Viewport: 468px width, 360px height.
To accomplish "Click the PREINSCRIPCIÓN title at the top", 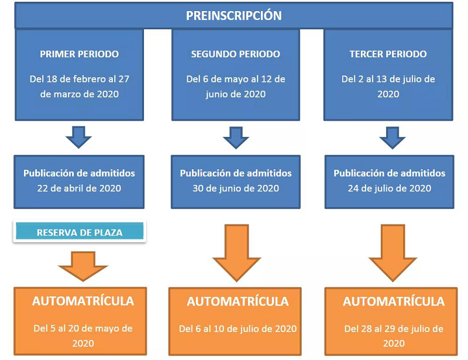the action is pyautogui.click(x=233, y=16).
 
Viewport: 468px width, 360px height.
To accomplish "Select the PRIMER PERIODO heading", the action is pyautogui.click(x=80, y=54).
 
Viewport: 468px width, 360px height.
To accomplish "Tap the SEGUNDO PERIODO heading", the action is pyautogui.click(x=236, y=54).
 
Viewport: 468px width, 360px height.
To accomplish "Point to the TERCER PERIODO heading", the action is pyautogui.click(x=388, y=54).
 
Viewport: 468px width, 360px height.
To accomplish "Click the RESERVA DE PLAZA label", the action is pyautogui.click(x=80, y=233).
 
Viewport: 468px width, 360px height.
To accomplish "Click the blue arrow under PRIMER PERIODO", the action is pyautogui.click(x=78, y=137).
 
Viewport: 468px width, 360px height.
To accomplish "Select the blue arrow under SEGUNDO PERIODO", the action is pyautogui.click(x=236, y=138).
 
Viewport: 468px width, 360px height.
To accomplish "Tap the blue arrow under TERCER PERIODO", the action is pyautogui.click(x=392, y=138).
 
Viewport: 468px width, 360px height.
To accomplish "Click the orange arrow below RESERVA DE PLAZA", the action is pyautogui.click(x=83, y=266).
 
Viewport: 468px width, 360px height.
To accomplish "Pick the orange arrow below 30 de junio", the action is pyautogui.click(x=236, y=253).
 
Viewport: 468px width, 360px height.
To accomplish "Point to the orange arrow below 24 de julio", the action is pyautogui.click(x=393, y=253).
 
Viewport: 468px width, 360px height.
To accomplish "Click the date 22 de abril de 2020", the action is pyautogui.click(x=79, y=188).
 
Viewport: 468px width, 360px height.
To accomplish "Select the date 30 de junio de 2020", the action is pyautogui.click(x=236, y=188).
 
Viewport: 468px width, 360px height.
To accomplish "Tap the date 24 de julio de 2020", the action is pyautogui.click(x=390, y=188).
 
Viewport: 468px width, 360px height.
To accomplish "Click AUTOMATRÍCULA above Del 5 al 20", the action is pyautogui.click(x=83, y=301).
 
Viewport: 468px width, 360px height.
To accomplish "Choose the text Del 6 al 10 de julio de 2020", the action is pyautogui.click(x=238, y=329).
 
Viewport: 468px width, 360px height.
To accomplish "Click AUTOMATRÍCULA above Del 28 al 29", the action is pyautogui.click(x=394, y=301).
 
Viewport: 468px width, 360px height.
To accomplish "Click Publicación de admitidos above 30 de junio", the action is pyautogui.click(x=236, y=173).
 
